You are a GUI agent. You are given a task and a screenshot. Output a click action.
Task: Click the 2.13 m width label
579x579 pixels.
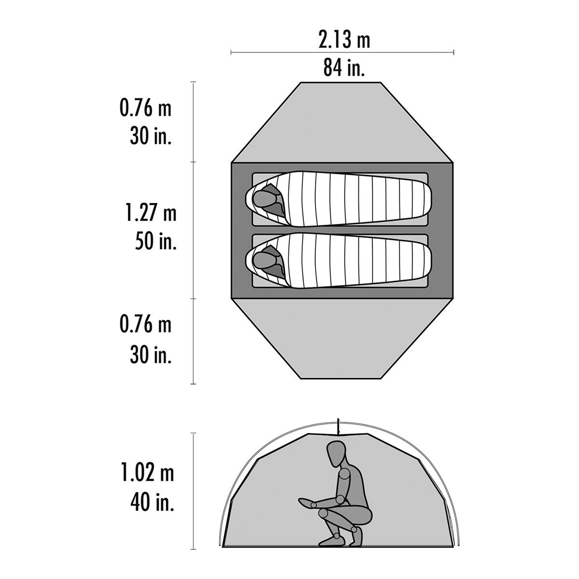[344, 40]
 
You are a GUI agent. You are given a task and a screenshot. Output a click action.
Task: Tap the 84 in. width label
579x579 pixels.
[344, 68]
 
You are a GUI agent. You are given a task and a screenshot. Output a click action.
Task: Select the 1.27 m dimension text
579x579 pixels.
[149, 213]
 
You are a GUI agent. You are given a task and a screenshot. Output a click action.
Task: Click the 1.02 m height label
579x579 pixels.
[146, 474]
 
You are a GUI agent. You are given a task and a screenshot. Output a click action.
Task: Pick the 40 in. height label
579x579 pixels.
[151, 504]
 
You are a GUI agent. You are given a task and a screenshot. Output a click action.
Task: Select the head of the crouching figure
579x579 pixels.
[334, 454]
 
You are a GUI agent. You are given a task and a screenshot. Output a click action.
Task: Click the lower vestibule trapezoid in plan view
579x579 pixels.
[343, 338]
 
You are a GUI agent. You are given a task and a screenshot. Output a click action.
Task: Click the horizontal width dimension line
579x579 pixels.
[343, 52]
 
